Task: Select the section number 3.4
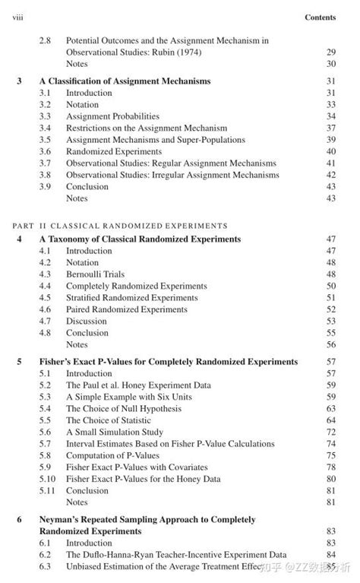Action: [x=46, y=128]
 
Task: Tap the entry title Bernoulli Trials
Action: [x=95, y=274]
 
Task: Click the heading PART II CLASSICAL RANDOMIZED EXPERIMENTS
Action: [x=121, y=226]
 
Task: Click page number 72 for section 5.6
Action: [x=330, y=432]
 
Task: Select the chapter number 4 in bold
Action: [x=19, y=239]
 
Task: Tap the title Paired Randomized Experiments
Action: [x=126, y=309]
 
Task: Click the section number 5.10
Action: [x=48, y=479]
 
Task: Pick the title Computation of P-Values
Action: [x=112, y=455]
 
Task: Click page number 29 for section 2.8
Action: [x=330, y=52]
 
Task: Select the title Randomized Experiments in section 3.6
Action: [x=113, y=151]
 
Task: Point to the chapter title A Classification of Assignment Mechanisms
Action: [x=125, y=81]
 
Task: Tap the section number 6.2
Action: [x=46, y=555]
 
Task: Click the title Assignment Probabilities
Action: [x=112, y=116]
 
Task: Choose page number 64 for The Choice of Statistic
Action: [x=330, y=420]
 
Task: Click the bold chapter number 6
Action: [x=19, y=519]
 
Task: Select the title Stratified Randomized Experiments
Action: [x=131, y=297]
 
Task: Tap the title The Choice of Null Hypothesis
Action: [x=124, y=409]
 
